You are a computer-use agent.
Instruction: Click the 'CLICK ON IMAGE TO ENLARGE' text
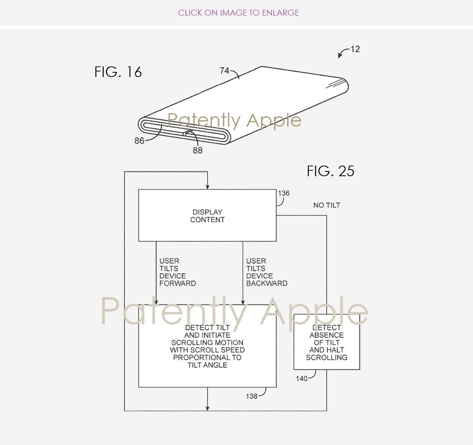pyautogui.click(x=238, y=13)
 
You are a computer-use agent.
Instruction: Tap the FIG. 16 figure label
pyautogui.click(x=118, y=72)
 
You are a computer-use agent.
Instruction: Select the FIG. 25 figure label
pyautogui.click(x=330, y=171)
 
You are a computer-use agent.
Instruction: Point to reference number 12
pyautogui.click(x=355, y=49)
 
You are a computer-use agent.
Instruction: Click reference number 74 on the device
pyautogui.click(x=224, y=71)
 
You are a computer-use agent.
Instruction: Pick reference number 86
pyautogui.click(x=140, y=141)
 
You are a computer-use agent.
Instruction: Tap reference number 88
pyautogui.click(x=198, y=150)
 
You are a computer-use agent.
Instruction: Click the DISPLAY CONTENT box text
pyautogui.click(x=207, y=216)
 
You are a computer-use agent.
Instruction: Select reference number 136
pyautogui.click(x=283, y=193)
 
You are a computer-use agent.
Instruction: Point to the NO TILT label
pyautogui.click(x=327, y=205)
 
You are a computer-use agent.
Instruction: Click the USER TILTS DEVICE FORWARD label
pyautogui.click(x=177, y=272)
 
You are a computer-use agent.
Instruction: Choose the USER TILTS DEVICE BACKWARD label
pyautogui.click(x=267, y=272)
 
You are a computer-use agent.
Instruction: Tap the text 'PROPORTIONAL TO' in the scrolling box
pyautogui.click(x=207, y=358)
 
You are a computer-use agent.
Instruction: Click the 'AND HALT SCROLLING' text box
pyautogui.click(x=327, y=354)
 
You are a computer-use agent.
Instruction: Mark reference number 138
pyautogui.click(x=252, y=396)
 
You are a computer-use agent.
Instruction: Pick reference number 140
pyautogui.click(x=302, y=378)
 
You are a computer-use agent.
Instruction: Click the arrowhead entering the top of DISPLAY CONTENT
pyautogui.click(x=207, y=187)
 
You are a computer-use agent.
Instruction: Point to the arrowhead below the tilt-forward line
pyautogui.click(x=156, y=302)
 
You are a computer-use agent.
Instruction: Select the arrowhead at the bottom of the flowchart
pyautogui.click(x=207, y=408)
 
